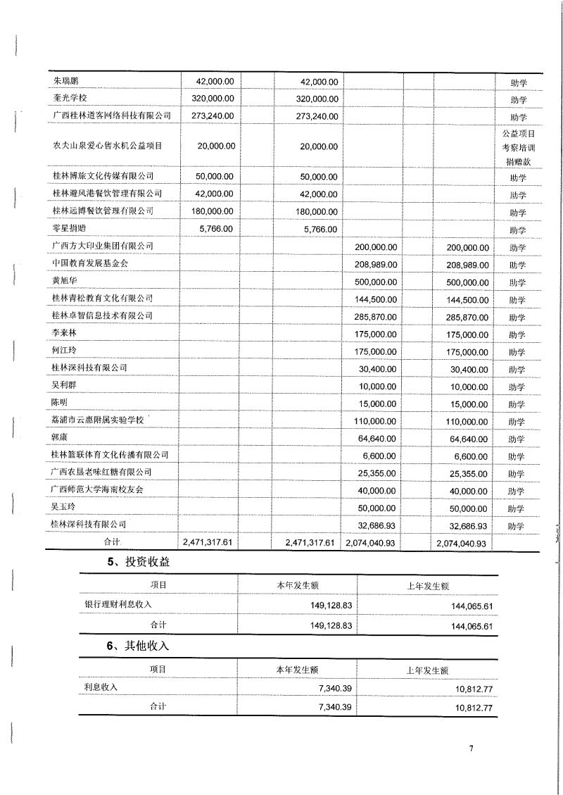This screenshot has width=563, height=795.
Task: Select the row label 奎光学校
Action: (x=70, y=99)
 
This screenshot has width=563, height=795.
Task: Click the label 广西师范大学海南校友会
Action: (x=102, y=489)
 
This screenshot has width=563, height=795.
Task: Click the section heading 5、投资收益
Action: (x=137, y=563)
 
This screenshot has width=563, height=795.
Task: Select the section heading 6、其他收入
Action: (x=137, y=646)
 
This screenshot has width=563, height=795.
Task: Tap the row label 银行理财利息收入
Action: (x=118, y=604)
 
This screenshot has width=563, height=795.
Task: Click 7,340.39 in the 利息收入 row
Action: (x=330, y=687)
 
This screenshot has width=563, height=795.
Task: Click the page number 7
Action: (x=470, y=748)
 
